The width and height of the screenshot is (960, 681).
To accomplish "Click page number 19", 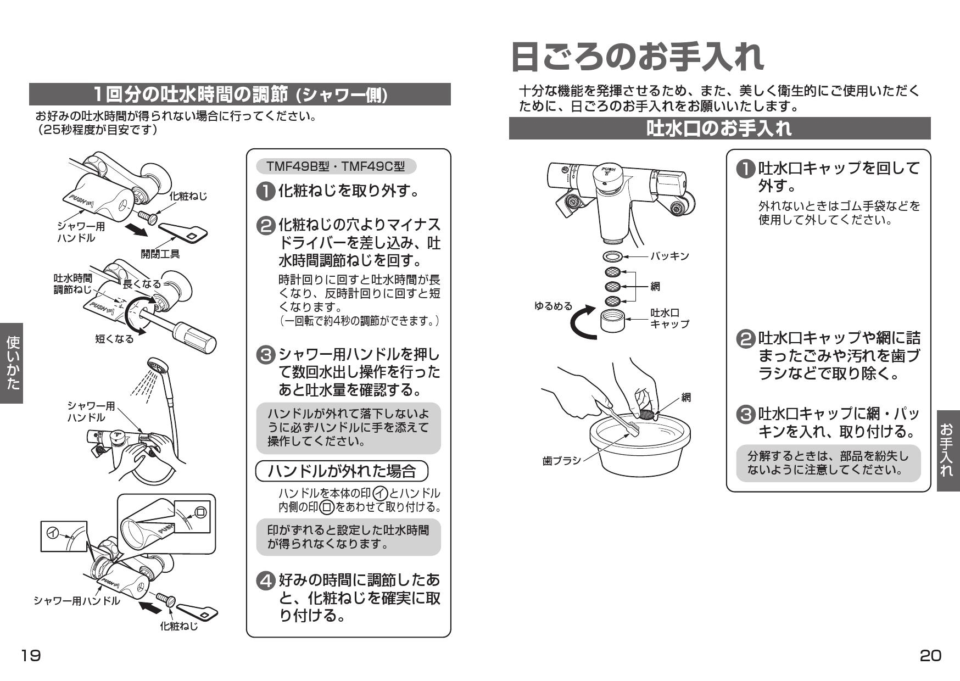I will [31, 655].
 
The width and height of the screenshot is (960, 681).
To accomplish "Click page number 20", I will [930, 655].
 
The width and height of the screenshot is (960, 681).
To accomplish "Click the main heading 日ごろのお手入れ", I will [637, 57].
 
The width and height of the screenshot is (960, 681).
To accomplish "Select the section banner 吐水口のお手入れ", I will [719, 129].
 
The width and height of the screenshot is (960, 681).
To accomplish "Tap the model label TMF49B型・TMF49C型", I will [336, 166].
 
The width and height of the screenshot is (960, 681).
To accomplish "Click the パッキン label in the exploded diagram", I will [669, 256].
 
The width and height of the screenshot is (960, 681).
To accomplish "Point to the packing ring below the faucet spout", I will [612, 256].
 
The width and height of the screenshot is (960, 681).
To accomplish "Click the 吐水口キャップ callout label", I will [669, 319].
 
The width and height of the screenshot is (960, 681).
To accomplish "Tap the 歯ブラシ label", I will [561, 461].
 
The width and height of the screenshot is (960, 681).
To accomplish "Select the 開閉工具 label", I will [160, 254].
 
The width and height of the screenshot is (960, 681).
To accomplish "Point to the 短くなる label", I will [114, 339].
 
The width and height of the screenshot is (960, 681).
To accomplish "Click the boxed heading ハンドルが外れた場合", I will [342, 471].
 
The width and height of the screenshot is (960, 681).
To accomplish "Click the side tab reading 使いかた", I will [12, 363].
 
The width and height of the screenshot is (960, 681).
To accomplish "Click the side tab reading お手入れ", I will [948, 450].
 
